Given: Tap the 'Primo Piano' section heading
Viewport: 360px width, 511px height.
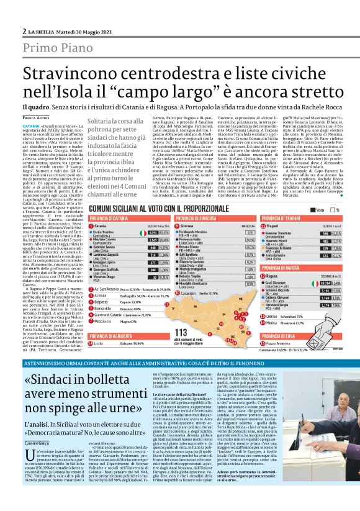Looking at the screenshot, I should click(57, 48).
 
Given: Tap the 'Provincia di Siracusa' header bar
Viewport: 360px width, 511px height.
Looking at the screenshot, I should click(192, 219).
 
